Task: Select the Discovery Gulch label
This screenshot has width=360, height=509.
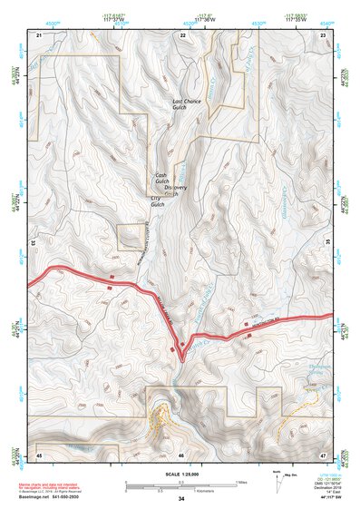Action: pos(175,190)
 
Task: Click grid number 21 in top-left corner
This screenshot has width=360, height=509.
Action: pos(39,34)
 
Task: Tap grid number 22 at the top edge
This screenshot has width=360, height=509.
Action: pos(182,34)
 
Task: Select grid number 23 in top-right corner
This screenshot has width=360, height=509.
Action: pos(324,34)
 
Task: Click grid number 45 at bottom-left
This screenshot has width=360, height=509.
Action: pos(39,453)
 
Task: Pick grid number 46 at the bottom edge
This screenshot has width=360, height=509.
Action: pos(181,453)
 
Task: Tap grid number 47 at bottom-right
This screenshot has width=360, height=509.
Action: pos(324,453)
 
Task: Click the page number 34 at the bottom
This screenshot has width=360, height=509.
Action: pos(181,499)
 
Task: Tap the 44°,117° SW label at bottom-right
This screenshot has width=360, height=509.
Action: pos(328,497)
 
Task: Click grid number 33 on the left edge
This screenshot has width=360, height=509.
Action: pos(33,243)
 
